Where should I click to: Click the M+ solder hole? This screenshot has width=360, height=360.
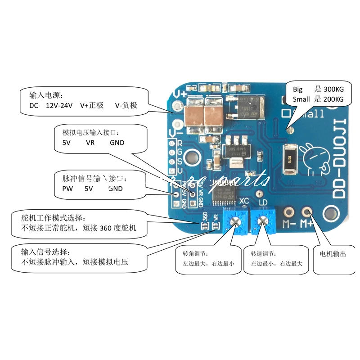(308, 211)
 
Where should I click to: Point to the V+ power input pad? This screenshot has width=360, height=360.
(179, 106)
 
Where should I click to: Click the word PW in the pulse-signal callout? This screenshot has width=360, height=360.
(67, 189)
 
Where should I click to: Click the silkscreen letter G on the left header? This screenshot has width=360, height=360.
(180, 152)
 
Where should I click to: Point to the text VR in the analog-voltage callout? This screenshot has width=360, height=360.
(90, 143)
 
